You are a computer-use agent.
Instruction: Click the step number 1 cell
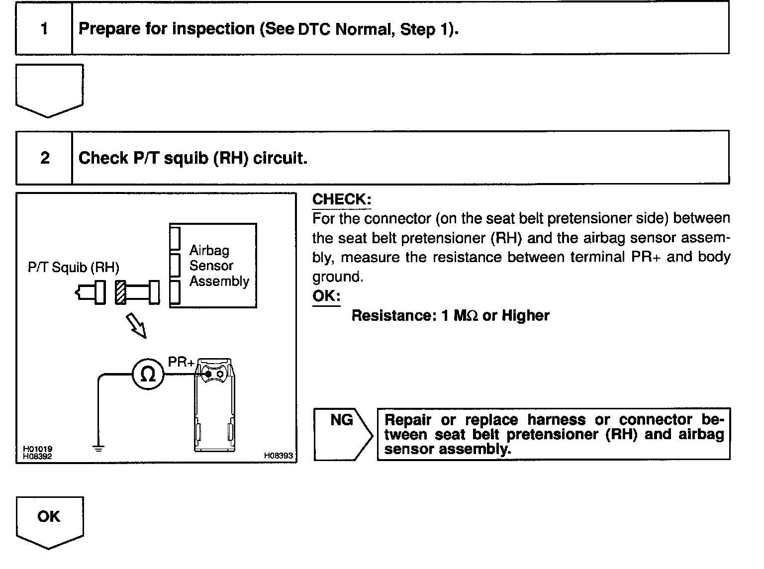(44, 28)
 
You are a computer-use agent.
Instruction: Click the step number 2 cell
(45, 158)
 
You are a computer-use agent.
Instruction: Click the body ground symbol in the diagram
(98, 449)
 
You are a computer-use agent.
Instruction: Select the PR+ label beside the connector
(181, 362)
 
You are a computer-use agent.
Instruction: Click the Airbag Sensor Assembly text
(218, 266)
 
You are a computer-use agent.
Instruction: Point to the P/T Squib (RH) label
(73, 268)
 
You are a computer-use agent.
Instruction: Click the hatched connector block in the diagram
(120, 292)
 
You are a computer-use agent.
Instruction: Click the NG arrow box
(342, 433)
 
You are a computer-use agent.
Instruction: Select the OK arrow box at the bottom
(49, 521)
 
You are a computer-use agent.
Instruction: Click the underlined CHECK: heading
(341, 199)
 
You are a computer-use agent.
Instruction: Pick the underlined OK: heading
(326, 296)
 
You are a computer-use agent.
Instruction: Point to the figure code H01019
(37, 449)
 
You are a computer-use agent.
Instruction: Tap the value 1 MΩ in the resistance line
(460, 316)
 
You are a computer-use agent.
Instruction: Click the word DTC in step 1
(315, 29)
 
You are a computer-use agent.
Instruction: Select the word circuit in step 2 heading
(280, 158)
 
